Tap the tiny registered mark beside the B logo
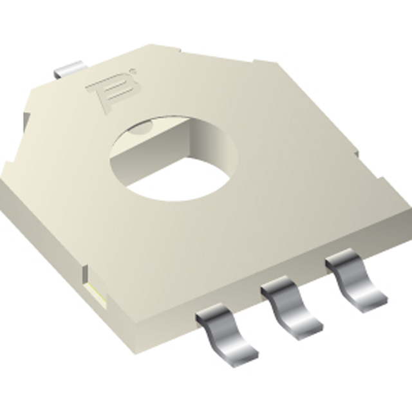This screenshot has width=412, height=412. tap(132, 71)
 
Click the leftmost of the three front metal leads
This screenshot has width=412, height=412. tap(225, 332)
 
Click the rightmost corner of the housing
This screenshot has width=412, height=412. tap(409, 209)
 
